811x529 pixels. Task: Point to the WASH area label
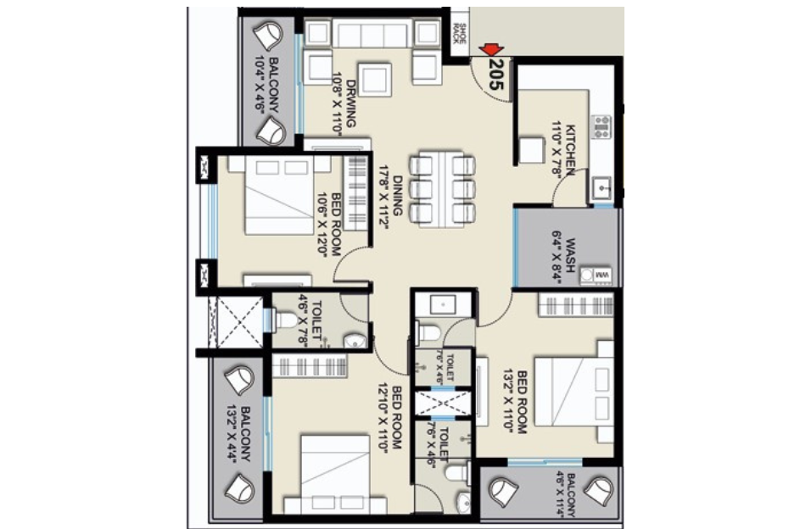[x=565, y=252]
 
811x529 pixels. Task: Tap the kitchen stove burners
[x=601, y=126]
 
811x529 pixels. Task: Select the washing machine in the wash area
[x=601, y=276]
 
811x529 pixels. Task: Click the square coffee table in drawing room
[x=374, y=80]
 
